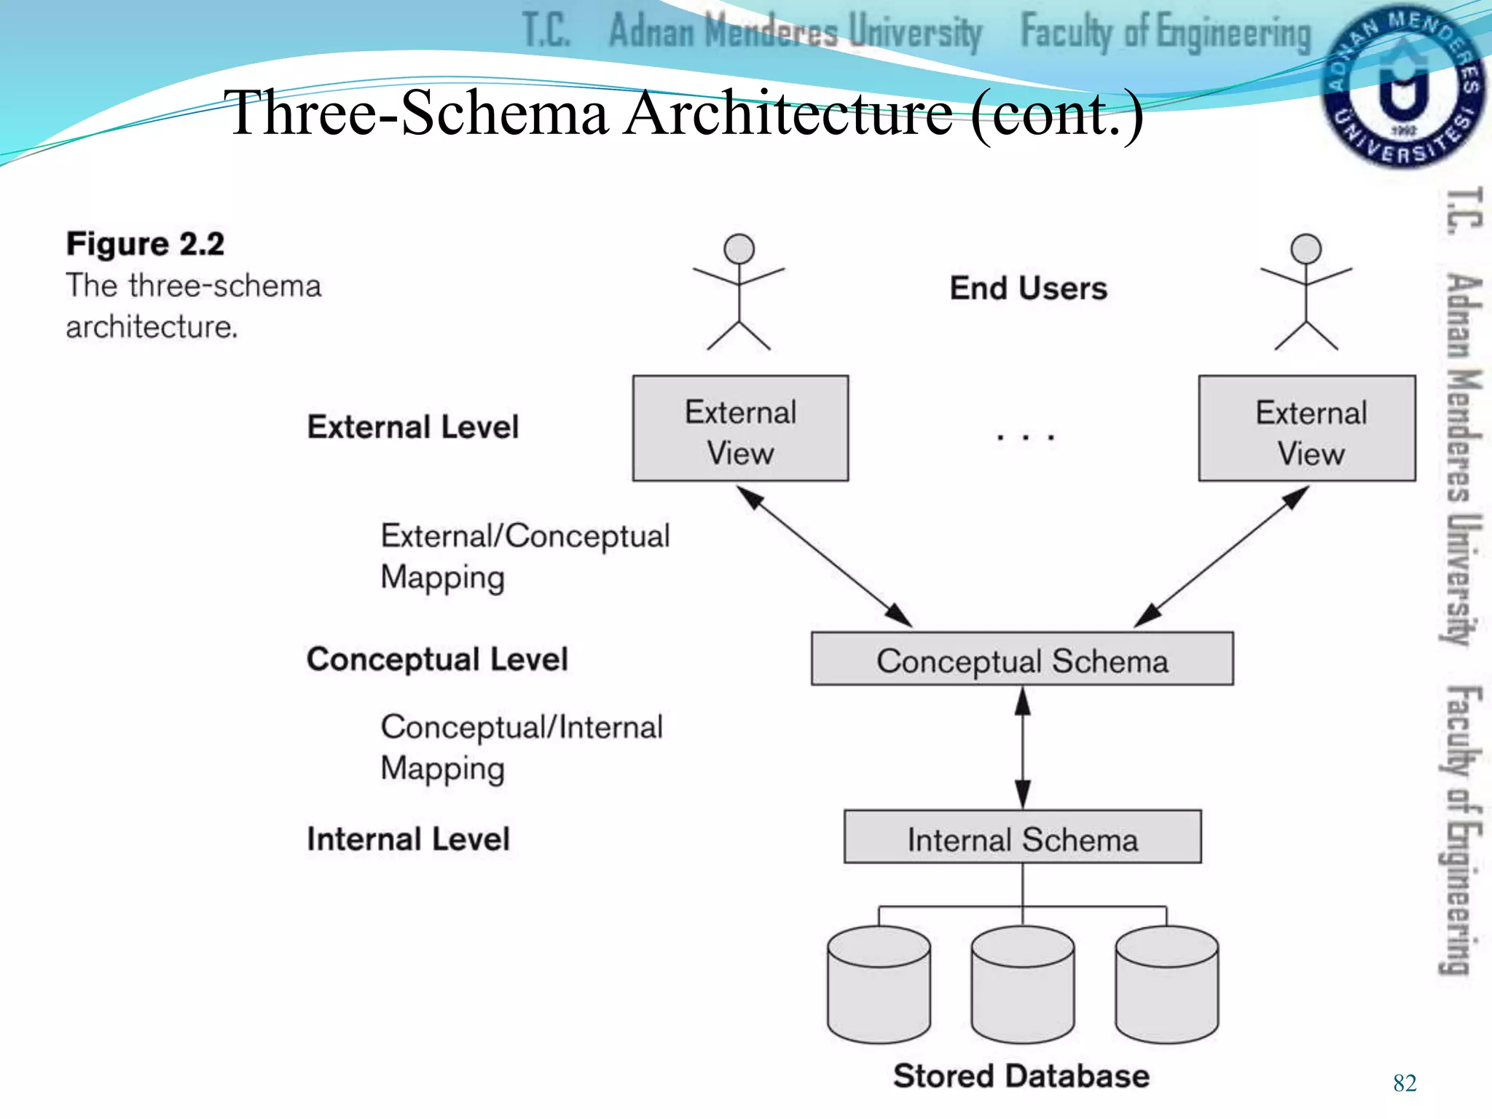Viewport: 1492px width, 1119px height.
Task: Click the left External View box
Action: (740, 428)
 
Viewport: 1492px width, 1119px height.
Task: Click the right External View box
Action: (1307, 428)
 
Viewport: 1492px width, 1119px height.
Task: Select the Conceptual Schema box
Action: (1022, 659)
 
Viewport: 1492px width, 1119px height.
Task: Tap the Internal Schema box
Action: (1022, 837)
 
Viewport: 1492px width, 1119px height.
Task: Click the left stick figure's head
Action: (739, 249)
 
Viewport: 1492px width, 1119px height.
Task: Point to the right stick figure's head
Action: (1305, 249)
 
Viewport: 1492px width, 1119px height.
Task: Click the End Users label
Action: (1028, 288)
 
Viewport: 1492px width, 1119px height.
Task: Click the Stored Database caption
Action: (1021, 1076)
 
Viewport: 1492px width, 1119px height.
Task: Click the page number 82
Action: (1405, 1083)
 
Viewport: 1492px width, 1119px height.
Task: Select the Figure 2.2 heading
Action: (145, 244)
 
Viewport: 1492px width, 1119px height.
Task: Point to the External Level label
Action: (412, 427)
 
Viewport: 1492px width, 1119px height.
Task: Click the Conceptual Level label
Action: (437, 659)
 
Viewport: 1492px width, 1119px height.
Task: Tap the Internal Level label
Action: (408, 839)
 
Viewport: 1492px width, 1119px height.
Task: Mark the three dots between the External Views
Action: (1025, 437)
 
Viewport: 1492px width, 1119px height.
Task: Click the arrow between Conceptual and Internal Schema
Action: (1022, 747)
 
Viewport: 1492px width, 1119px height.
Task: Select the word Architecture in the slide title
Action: (789, 113)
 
